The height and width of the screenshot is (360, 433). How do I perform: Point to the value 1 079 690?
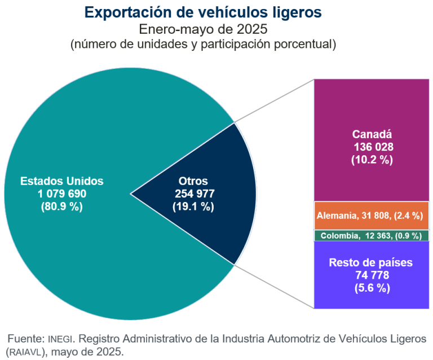pos(62,194)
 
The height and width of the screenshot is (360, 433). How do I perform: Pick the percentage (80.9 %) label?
pos(62,207)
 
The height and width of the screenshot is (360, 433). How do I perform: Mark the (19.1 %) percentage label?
pos(193,207)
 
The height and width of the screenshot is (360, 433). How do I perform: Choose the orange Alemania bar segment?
pos(372,216)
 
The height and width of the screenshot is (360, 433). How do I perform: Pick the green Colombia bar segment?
pos(372,235)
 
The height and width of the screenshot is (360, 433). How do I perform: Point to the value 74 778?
pos(372,275)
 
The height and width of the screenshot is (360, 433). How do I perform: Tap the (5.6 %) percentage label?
pos(372,288)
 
